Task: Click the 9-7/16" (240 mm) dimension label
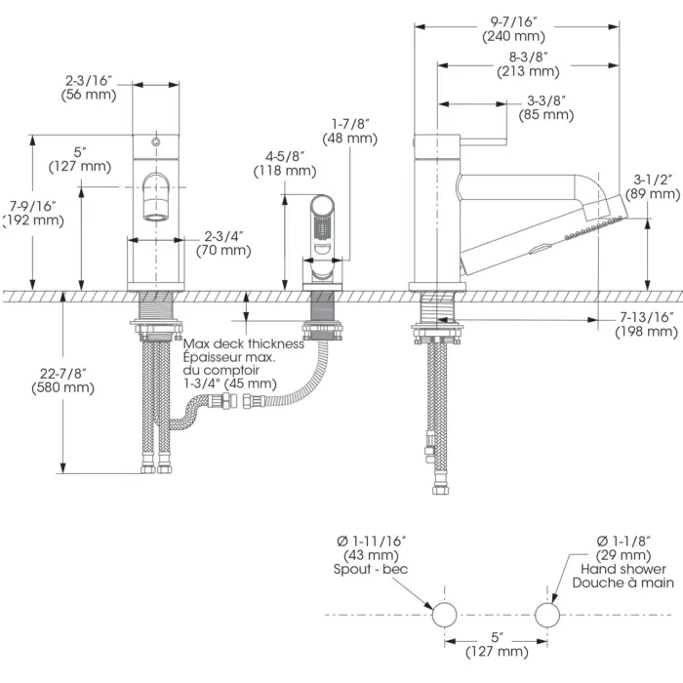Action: [513, 28]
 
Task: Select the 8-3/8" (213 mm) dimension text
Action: [528, 64]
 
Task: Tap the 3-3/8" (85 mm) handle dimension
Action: [545, 107]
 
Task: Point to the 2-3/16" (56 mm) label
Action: [89, 88]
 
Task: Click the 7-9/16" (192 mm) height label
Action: [33, 213]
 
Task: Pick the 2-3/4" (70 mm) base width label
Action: [223, 244]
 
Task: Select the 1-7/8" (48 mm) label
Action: [349, 132]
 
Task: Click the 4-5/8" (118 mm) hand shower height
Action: [285, 163]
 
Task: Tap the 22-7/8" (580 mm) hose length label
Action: [62, 381]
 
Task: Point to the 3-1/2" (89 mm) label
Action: [653, 186]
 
